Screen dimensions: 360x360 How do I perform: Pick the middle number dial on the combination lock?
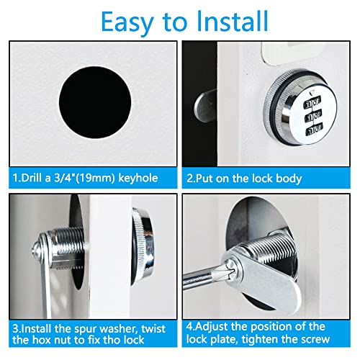(314, 118)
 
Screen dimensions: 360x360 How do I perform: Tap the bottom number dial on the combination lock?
(314, 132)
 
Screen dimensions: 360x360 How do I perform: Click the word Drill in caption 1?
(33, 177)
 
